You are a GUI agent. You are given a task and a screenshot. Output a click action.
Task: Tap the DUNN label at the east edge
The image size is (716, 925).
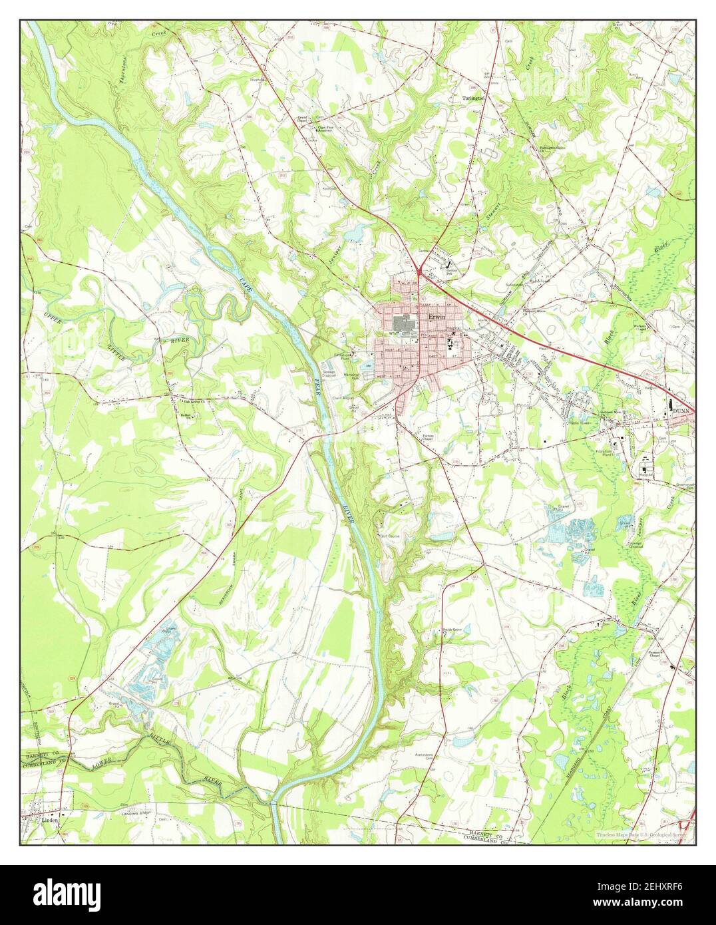point(680,412)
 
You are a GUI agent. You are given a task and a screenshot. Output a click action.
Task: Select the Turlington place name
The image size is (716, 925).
point(474,98)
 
